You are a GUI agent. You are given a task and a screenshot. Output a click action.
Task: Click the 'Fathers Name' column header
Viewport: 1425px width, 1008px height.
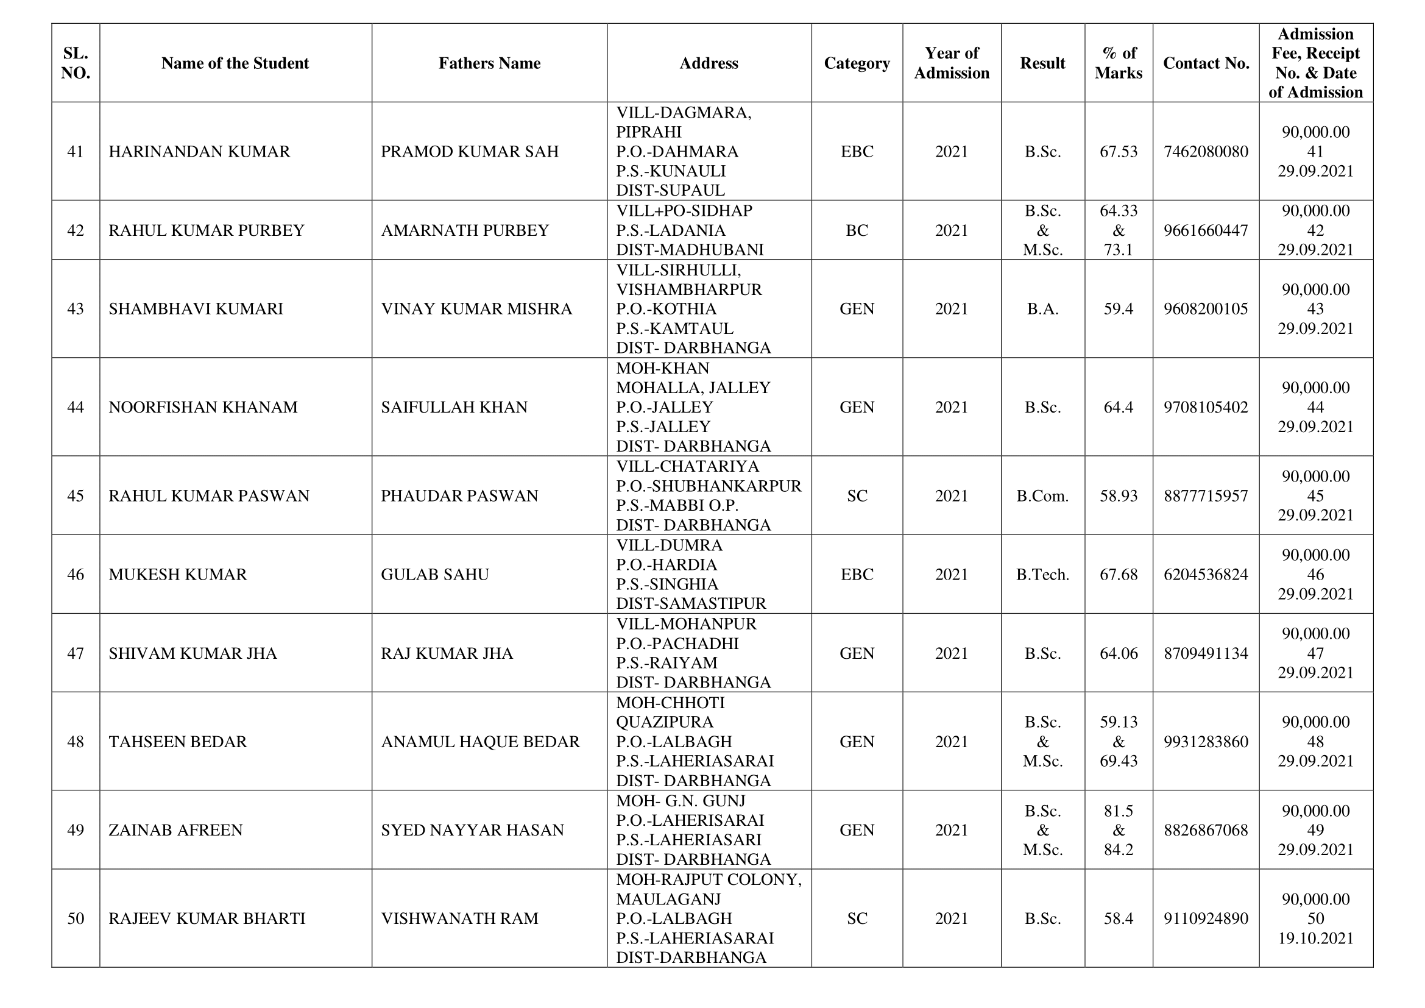pyautogui.click(x=489, y=63)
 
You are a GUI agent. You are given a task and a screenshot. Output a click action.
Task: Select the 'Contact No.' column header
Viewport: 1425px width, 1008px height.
pyautogui.click(x=1206, y=63)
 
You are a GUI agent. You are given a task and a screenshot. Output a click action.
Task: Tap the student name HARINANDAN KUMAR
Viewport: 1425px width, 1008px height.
pyautogui.click(x=199, y=152)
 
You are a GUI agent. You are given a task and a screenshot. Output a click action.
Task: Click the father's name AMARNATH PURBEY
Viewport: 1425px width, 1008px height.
pyautogui.click(x=465, y=230)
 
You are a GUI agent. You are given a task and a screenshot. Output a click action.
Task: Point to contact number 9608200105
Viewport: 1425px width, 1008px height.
pyautogui.click(x=1205, y=309)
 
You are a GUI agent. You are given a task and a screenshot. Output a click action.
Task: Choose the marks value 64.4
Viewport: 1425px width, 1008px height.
pyautogui.click(x=1119, y=407)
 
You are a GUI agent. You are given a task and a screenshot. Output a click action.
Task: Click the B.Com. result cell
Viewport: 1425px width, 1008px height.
pyautogui.click(x=1042, y=496)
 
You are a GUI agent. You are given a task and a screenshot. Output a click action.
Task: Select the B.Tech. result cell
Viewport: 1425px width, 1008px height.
pyautogui.click(x=1042, y=575)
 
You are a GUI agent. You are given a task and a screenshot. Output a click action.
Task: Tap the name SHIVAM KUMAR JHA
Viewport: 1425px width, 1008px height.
pyautogui.click(x=193, y=653)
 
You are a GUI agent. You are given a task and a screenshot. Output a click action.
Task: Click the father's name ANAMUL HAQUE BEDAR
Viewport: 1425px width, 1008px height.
pyautogui.click(x=479, y=742)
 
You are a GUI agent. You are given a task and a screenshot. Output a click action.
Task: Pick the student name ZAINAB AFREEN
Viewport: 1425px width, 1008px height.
pyautogui.click(x=175, y=830)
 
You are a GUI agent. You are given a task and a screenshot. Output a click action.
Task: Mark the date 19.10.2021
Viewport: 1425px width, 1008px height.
pyautogui.click(x=1315, y=938)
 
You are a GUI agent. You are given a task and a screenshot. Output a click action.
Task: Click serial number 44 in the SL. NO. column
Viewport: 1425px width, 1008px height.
pyautogui.click(x=75, y=407)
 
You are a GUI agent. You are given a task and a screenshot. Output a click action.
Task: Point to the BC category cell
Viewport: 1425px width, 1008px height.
pyautogui.click(x=857, y=230)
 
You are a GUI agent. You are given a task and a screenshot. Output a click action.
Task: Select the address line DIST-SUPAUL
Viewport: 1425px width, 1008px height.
pyautogui.click(x=670, y=190)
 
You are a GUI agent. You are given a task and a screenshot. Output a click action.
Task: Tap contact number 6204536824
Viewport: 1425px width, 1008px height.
pyautogui.click(x=1205, y=575)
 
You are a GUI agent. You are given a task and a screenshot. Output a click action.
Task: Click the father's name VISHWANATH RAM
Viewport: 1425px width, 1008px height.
pyautogui.click(x=459, y=918)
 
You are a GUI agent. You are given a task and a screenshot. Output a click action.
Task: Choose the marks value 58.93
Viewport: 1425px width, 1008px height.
pyautogui.click(x=1119, y=496)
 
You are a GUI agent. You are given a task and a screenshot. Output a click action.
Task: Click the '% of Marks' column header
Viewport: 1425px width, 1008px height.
pyautogui.click(x=1119, y=63)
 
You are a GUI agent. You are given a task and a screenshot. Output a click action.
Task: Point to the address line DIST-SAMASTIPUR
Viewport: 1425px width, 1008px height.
pyautogui.click(x=691, y=603)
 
